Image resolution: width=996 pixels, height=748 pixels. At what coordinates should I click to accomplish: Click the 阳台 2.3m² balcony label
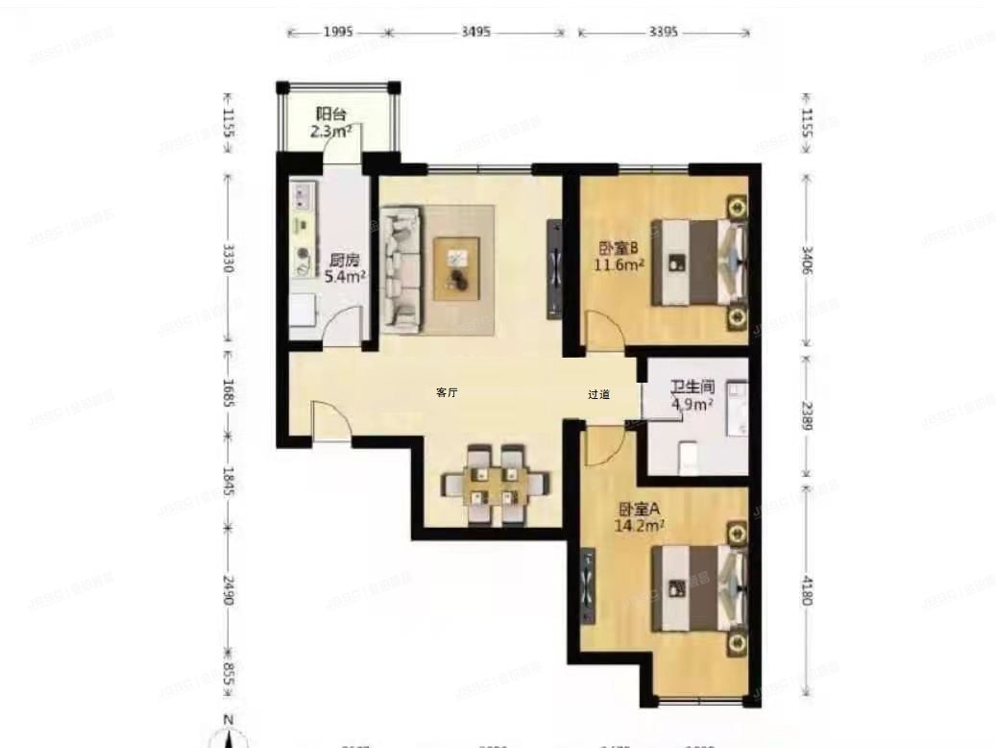pos(331,122)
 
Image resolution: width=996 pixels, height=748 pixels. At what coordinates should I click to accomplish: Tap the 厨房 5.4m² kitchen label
pos(345,268)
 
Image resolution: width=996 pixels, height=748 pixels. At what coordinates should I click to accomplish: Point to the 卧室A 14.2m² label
pos(640,517)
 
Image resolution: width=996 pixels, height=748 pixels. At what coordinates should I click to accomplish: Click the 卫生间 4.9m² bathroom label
pos(692,396)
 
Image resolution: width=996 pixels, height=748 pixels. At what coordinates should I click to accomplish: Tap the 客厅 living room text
pos(446,392)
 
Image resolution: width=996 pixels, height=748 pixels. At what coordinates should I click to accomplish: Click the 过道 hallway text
pos(598,394)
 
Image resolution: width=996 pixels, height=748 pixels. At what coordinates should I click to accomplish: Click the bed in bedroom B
pos(698,262)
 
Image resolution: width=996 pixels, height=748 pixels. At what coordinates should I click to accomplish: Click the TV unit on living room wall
pos(556,269)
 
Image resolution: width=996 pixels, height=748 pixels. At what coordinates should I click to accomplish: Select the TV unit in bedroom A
pos(588,584)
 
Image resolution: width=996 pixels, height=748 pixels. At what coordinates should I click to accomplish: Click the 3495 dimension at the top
pos(476,32)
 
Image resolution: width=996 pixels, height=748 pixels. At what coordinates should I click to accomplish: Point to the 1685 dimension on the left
pos(228,392)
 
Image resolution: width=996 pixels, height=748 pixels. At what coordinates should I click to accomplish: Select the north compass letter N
pos(228,720)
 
